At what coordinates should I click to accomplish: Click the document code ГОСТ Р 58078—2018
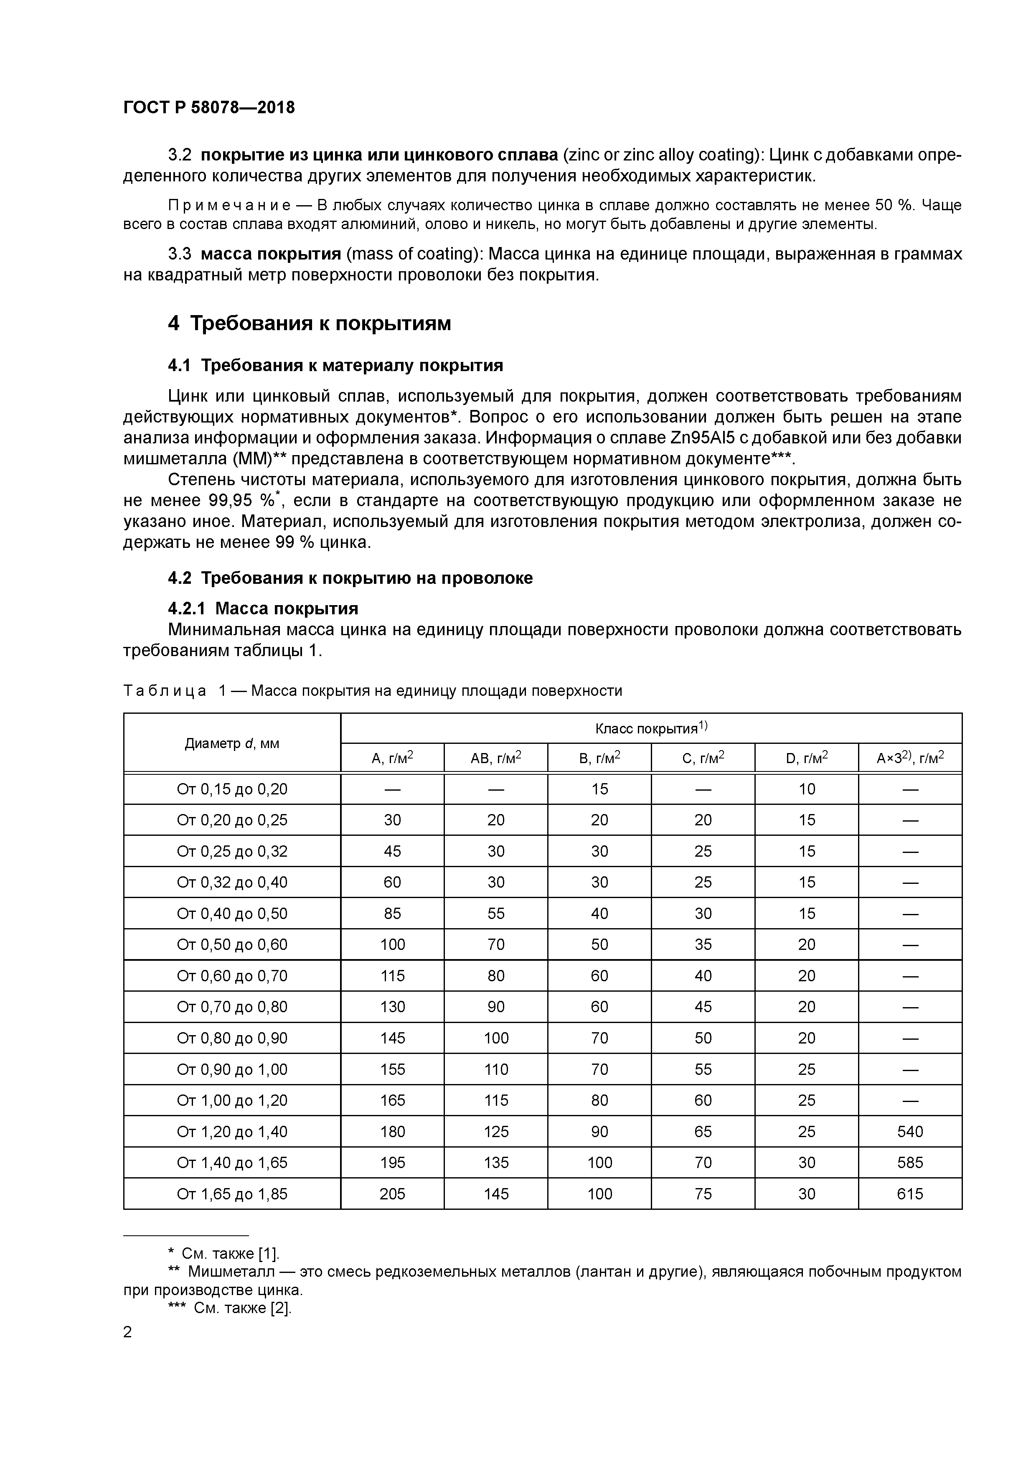tap(209, 107)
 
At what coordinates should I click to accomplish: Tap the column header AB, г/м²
tap(495, 758)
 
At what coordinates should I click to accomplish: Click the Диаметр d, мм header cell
tap(232, 743)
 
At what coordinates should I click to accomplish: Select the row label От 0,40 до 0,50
tap(232, 913)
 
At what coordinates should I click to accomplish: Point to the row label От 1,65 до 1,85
tap(232, 1194)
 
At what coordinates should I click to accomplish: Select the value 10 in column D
tap(806, 789)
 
